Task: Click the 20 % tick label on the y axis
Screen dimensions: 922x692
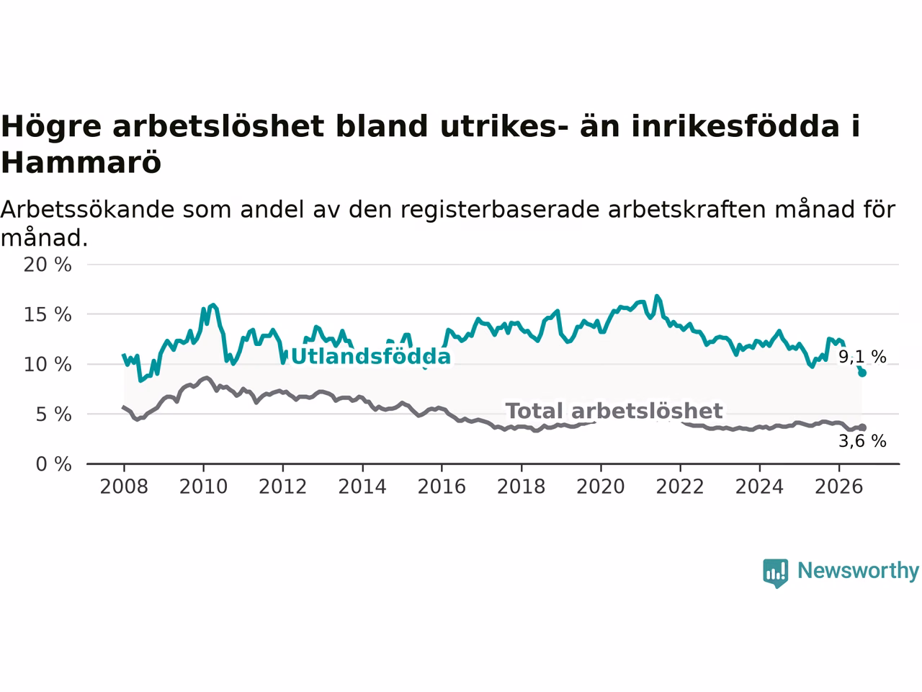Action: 48,265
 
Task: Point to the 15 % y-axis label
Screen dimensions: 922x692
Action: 48,315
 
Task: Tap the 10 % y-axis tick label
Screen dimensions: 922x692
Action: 48,365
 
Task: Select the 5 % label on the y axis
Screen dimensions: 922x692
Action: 53,414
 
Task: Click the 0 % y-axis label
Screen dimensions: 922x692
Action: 53,465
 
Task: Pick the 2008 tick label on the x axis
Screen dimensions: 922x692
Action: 124,487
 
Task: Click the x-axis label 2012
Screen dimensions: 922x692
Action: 282,487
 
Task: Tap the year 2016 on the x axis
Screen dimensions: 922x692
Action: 442,487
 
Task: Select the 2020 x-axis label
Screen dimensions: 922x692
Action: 601,487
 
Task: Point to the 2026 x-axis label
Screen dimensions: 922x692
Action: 839,487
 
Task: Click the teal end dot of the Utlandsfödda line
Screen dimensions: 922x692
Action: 862,373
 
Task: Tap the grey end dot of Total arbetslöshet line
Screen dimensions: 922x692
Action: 862,427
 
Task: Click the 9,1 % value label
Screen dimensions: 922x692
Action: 862,357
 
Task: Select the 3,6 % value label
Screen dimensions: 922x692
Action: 862,441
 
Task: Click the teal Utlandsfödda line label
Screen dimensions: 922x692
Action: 370,357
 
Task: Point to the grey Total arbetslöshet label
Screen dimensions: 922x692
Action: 614,412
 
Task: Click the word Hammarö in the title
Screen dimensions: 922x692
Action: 81,162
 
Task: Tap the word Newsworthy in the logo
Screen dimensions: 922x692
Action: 858,571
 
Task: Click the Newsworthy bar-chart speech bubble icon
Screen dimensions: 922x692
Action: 775,573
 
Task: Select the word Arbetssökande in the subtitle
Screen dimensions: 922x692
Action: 87,209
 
